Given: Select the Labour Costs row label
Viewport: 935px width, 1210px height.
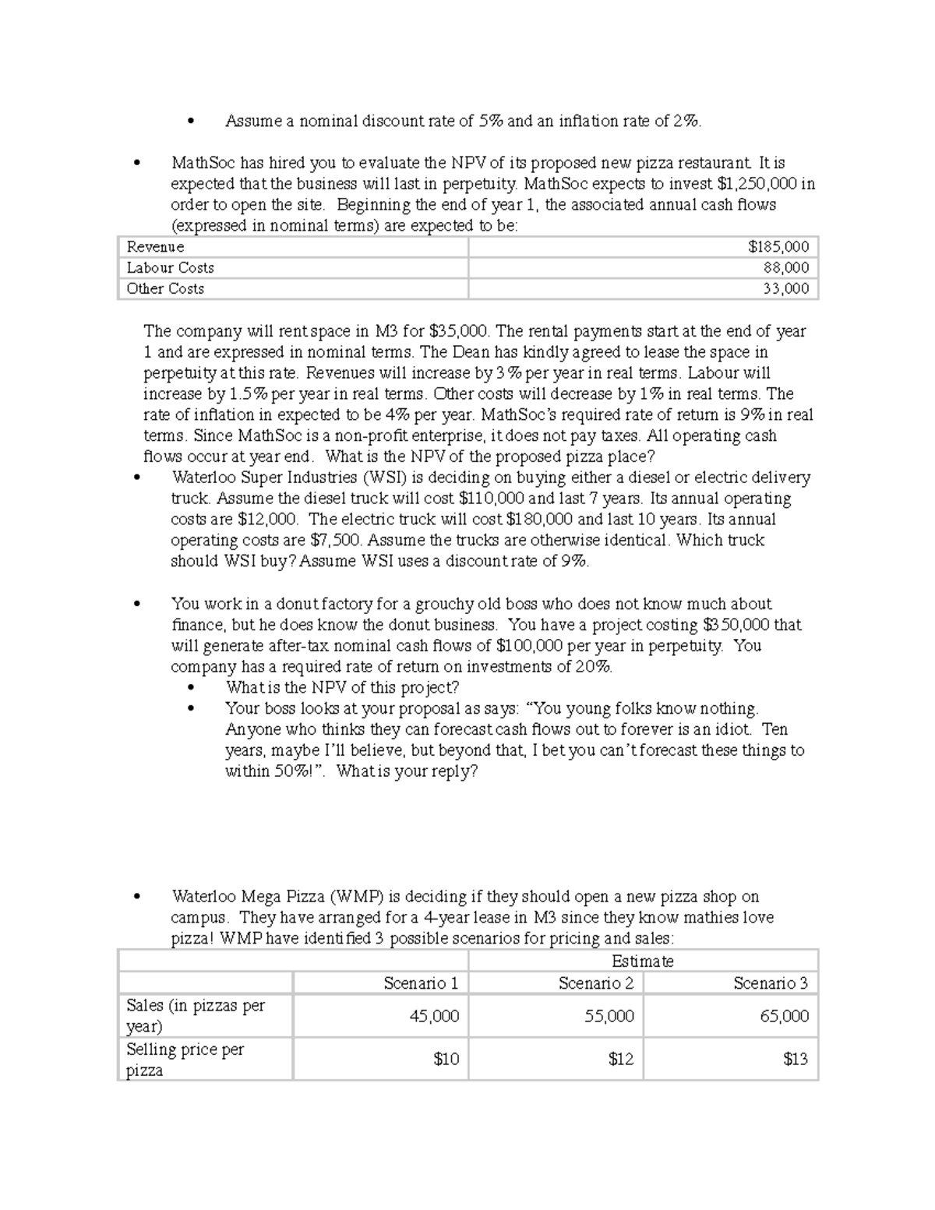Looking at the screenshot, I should tap(170, 268).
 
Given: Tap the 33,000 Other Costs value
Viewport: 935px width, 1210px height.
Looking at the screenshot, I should tap(785, 289).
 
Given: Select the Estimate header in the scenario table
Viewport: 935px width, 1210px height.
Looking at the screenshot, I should tap(642, 961).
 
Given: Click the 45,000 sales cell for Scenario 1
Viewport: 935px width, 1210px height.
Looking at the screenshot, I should tap(434, 1016).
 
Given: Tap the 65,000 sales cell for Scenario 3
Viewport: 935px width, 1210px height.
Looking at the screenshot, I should tap(784, 1016).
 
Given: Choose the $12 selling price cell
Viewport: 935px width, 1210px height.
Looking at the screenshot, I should tap(620, 1060).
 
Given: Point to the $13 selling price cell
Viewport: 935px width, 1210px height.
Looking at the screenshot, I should tap(796, 1060).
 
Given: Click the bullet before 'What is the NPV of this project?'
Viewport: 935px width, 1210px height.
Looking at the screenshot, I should tap(190, 688).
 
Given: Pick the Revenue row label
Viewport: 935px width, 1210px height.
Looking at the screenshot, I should tap(155, 247).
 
